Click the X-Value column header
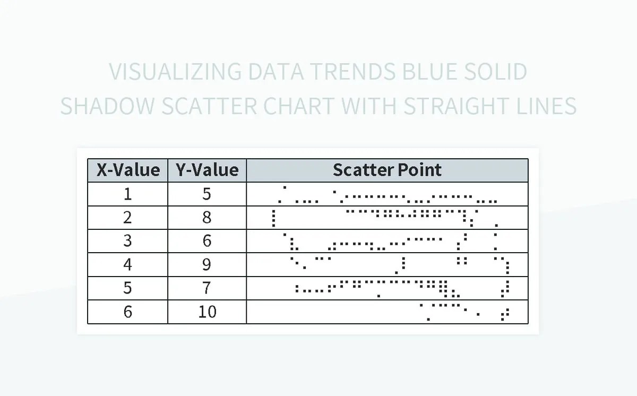(127, 170)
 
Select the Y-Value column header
(207, 170)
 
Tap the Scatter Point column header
(387, 170)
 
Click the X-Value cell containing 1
(127, 194)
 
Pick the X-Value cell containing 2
(127, 217)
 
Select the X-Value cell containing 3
(127, 240)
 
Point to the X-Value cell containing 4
(127, 264)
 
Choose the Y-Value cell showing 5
(207, 194)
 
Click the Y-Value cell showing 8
(207, 217)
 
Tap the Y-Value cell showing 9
(207, 264)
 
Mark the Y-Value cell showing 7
(207, 288)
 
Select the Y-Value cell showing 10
(207, 312)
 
